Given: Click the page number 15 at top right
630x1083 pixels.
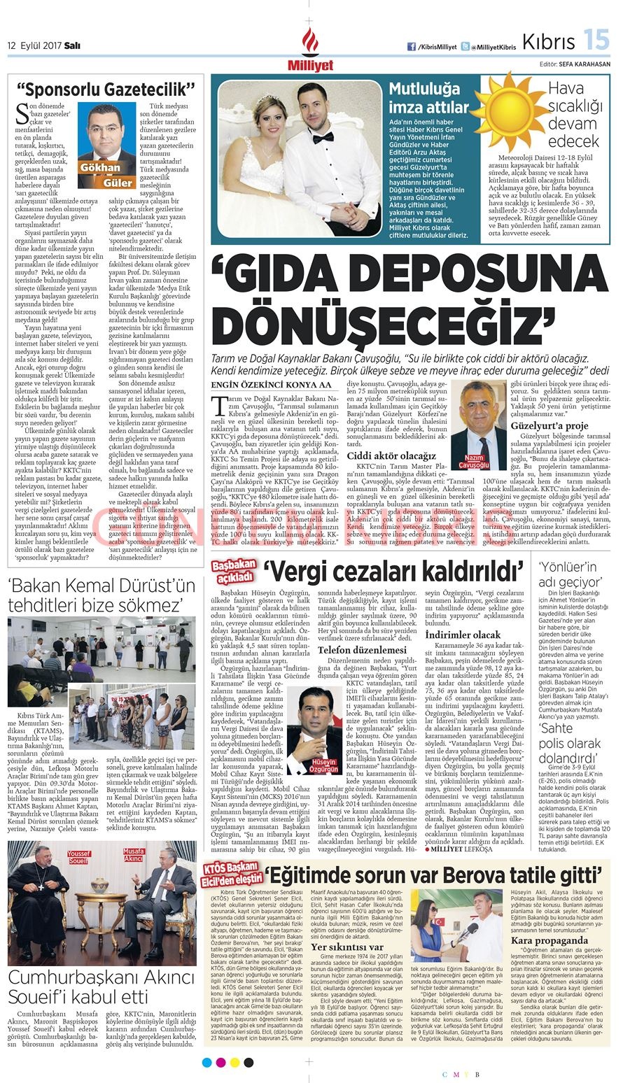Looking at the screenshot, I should click(597, 40).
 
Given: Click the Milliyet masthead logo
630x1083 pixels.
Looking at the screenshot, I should click(309, 50).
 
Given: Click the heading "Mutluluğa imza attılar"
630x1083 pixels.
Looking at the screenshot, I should click(428, 98).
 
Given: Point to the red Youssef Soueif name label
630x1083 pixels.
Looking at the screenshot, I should click(79, 858).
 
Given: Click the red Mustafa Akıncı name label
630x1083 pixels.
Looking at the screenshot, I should click(133, 856).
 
